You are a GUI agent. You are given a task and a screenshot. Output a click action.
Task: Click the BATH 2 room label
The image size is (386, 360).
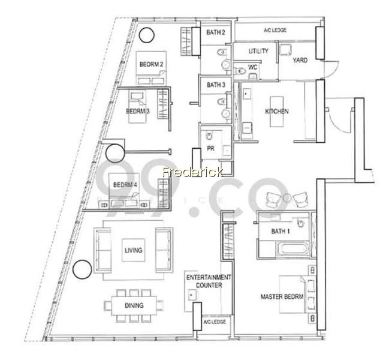pyautogui.click(x=216, y=32)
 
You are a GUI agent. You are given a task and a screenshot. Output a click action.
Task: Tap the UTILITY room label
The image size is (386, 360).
pyautogui.click(x=258, y=51)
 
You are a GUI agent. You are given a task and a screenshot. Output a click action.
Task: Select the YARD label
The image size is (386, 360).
pyautogui.click(x=300, y=60)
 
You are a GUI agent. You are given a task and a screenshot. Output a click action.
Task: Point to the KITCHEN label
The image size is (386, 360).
pyautogui.click(x=277, y=112)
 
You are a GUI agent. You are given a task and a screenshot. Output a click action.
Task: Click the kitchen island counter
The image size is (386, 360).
pyautogui.click(x=277, y=112)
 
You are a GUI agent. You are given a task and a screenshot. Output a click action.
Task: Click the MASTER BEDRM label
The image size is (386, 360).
pyautogui.click(x=282, y=296)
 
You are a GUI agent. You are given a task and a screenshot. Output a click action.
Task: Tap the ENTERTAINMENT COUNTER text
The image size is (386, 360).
pyautogui.click(x=209, y=281)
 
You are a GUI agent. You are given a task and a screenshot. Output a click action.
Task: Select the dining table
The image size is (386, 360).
pyautogui.click(x=134, y=305)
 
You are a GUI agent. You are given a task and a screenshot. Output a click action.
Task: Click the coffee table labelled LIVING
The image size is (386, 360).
pyautogui.click(x=134, y=250)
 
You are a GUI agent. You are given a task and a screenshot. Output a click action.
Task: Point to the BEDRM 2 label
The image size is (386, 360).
pyautogui.click(x=151, y=64)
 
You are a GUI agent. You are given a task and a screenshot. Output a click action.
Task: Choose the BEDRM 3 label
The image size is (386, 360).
pyautogui.click(x=138, y=111)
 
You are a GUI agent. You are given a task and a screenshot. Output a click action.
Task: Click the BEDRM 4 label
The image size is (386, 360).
pyautogui.click(x=125, y=185)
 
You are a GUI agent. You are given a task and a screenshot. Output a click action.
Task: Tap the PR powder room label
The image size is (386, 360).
pyautogui.click(x=210, y=148)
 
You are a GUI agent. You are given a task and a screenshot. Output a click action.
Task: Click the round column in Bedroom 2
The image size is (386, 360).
pyautogui.click(x=146, y=35)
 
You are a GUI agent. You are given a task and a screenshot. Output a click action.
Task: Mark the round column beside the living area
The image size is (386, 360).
pyautogui.click(x=82, y=269)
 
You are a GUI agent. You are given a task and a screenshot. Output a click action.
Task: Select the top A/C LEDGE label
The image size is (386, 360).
pyautogui.click(x=275, y=30)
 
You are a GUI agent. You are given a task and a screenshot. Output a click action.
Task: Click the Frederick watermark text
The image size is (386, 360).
pyautogui.click(x=192, y=172)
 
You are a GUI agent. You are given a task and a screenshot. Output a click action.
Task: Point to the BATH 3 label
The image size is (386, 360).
pyautogui.click(x=216, y=85)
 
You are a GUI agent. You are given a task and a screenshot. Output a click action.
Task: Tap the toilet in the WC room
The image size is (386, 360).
pyautogui.click(x=240, y=71)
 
